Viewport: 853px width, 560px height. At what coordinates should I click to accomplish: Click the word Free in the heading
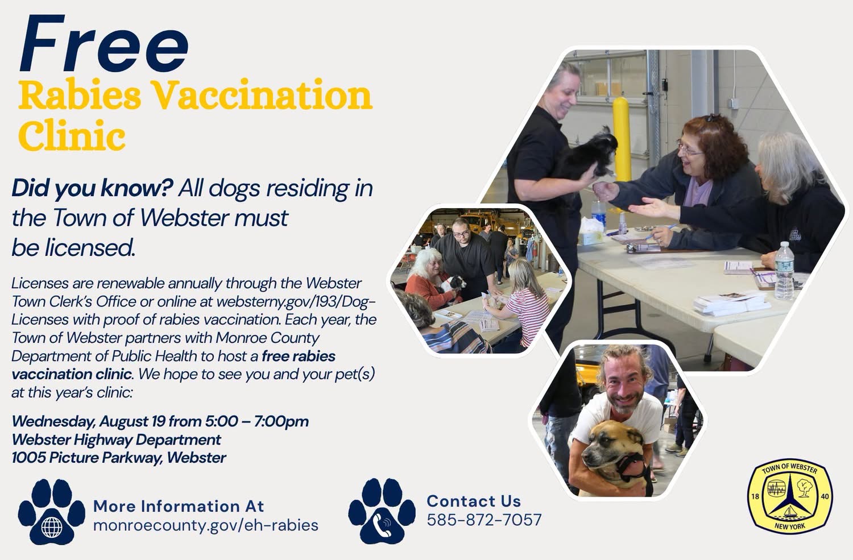click(103, 44)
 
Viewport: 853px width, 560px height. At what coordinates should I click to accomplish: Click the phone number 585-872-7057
click(484, 520)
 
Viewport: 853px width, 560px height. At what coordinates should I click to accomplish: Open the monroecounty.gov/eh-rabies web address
click(206, 525)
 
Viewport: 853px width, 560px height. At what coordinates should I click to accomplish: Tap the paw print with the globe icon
click(51, 511)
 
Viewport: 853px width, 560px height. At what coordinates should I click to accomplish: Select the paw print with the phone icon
click(382, 511)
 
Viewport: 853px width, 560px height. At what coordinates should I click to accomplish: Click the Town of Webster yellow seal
click(790, 496)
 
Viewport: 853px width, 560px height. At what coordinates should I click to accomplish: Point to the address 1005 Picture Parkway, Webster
click(119, 457)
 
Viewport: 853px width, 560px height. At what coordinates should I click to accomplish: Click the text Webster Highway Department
click(116, 439)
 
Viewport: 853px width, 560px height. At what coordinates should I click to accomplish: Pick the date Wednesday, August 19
click(88, 421)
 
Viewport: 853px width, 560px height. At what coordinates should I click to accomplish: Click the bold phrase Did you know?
click(93, 188)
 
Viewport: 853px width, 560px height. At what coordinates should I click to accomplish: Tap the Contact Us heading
click(473, 501)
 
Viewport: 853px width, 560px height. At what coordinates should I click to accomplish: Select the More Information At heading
click(179, 507)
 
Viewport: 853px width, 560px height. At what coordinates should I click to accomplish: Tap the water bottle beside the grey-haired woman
click(784, 270)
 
